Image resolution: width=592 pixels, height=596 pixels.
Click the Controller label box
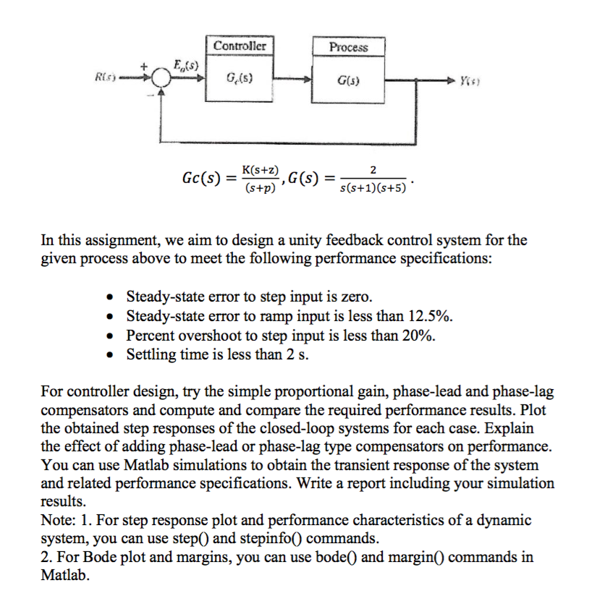[x=240, y=46]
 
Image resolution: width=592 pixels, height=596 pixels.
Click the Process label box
[x=348, y=46]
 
